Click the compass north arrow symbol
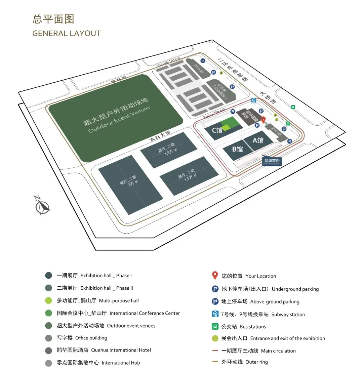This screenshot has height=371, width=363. [42, 205]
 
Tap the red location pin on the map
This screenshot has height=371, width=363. [264, 120]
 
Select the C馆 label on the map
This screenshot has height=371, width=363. [217, 130]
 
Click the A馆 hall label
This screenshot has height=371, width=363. [258, 140]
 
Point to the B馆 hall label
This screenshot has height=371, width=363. [237, 149]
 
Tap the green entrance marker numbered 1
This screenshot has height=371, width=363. [221, 73]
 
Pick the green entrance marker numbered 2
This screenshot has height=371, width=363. [275, 115]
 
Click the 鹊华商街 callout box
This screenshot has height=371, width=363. [272, 161]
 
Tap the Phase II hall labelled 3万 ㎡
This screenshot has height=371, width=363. [129, 183]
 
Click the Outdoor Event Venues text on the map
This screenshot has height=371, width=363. [119, 119]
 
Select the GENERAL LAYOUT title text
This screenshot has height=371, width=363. [67, 33]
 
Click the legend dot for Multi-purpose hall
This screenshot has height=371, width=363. [48, 300]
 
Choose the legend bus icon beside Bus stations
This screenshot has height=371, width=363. [215, 326]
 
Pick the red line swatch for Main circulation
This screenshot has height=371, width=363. [215, 351]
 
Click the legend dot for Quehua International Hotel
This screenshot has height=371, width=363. [48, 350]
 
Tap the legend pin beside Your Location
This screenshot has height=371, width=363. [215, 276]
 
